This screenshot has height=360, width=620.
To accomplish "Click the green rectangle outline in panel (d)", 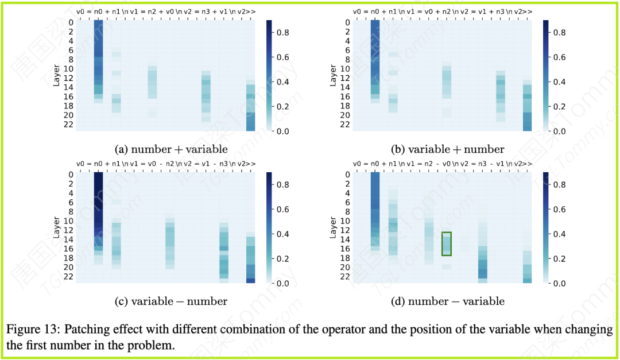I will click(447, 243).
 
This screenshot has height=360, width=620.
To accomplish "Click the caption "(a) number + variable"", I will click(171, 149).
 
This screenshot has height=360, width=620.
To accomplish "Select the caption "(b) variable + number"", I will click(447, 149).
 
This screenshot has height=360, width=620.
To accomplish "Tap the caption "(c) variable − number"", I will click(171, 301).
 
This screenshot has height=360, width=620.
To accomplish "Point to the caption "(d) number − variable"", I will click(447, 301).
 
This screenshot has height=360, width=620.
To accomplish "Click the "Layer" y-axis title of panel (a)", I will click(57, 76).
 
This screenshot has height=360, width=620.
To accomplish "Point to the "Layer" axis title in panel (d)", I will click(334, 227).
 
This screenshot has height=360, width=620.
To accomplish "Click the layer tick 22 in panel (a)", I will click(68, 125).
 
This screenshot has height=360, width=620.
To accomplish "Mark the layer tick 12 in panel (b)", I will click(346, 78).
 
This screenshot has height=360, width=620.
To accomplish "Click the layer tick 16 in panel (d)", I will click(346, 249).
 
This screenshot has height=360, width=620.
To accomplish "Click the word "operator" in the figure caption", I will click(311, 330).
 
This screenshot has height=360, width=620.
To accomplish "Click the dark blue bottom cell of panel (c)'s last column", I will click(250, 281).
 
